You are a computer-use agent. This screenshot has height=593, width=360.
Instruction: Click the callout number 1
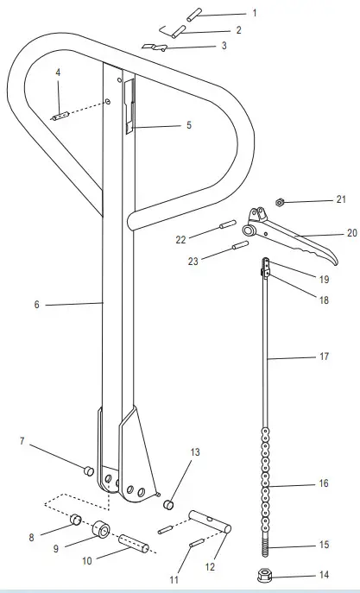coord(255,14)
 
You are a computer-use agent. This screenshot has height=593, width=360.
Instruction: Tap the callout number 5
coord(238,30)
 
